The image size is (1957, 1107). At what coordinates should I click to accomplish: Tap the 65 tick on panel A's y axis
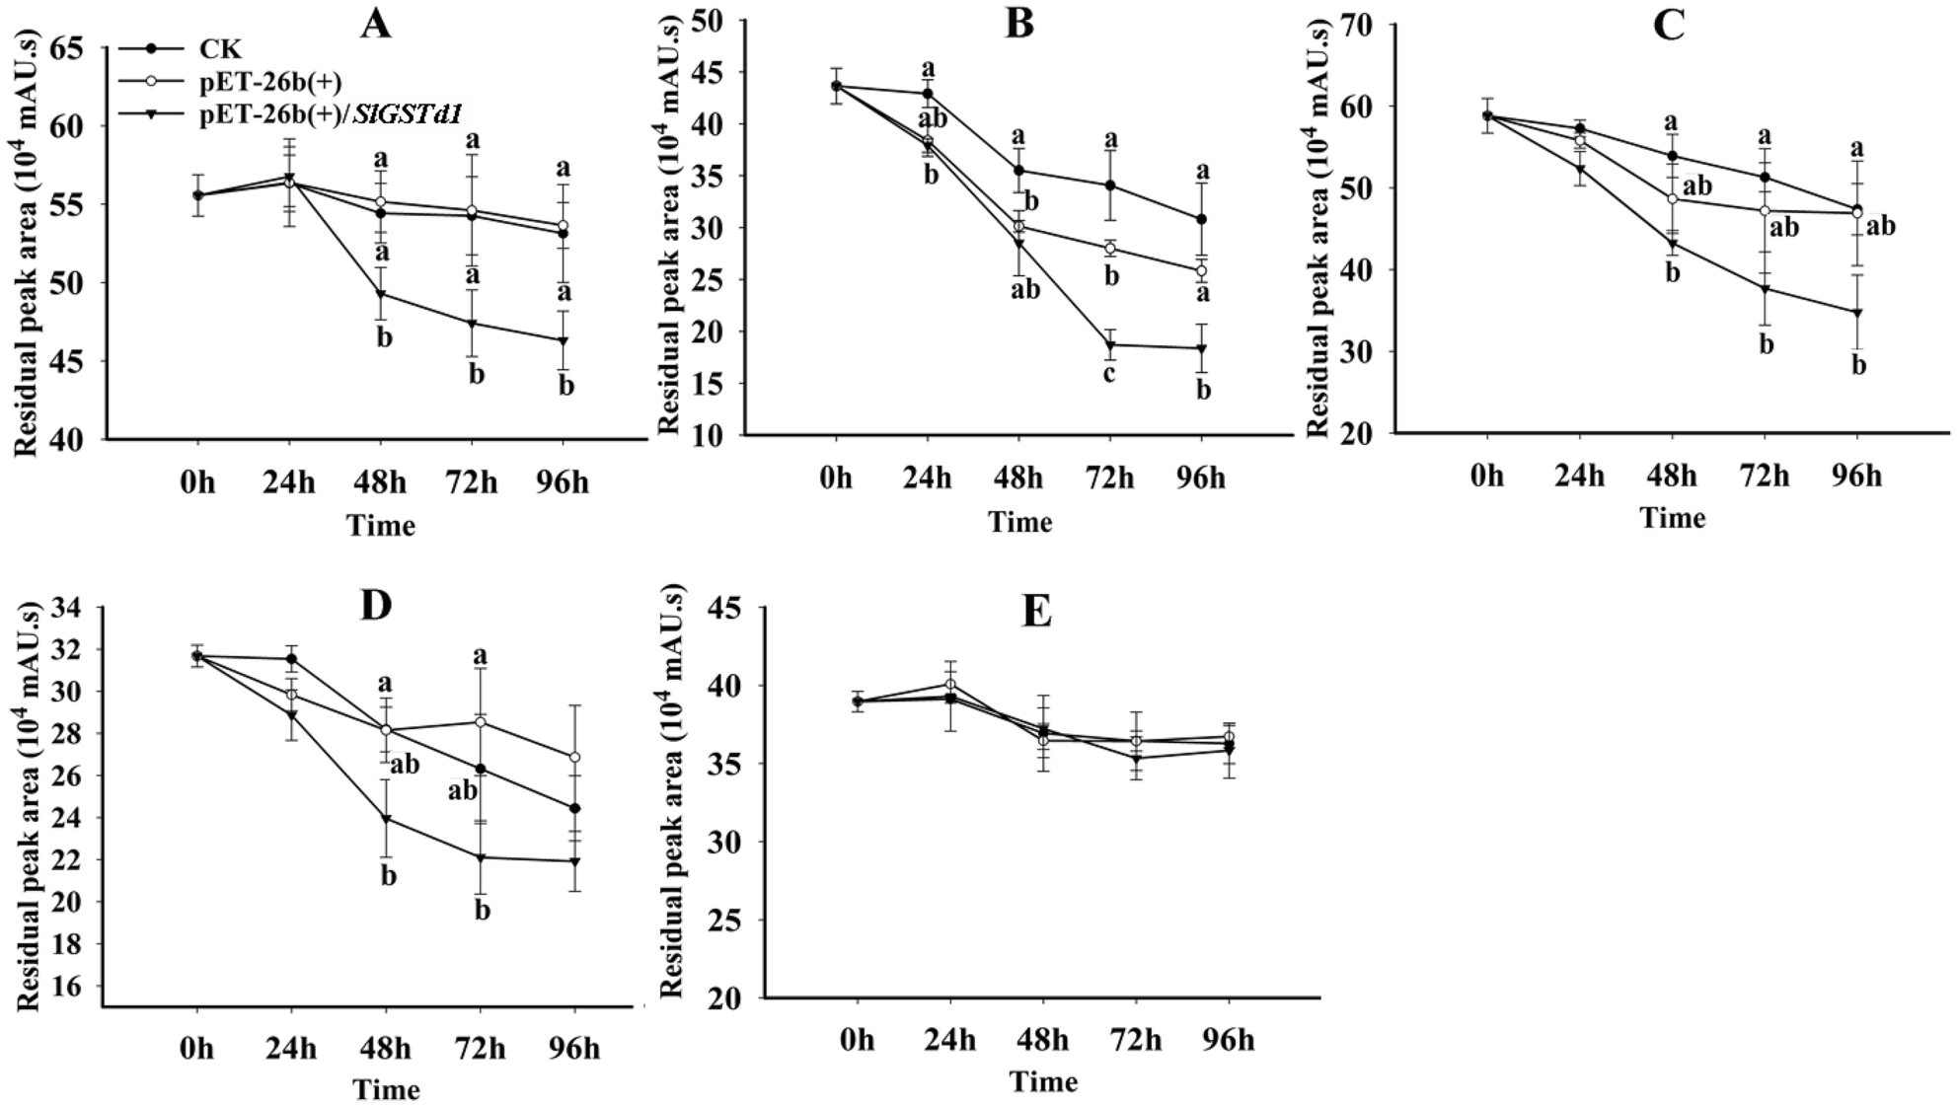[x=79, y=48]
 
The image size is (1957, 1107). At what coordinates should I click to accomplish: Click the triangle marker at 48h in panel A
[x=381, y=294]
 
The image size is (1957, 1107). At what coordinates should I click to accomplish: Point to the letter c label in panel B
[x=1109, y=374]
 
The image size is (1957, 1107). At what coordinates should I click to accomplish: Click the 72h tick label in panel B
[x=1109, y=479]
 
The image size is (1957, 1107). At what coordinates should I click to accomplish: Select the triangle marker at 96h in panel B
[x=1201, y=348]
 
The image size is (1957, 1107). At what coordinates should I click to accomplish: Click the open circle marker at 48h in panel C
[x=1672, y=199]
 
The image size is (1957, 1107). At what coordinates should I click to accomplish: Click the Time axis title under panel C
[x=1672, y=518]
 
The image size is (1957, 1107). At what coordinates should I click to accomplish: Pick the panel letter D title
[x=376, y=605]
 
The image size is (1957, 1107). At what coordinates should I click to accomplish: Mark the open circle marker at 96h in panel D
[x=574, y=757]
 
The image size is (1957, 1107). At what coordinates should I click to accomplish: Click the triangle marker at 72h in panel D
[x=481, y=857]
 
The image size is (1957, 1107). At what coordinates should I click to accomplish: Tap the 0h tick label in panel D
[x=197, y=1049]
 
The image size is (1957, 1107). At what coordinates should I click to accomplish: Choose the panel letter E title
[x=1036, y=613]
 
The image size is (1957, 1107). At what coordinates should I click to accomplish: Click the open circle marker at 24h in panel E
[x=950, y=684]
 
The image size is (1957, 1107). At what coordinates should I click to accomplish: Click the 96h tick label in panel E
[x=1229, y=1041]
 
